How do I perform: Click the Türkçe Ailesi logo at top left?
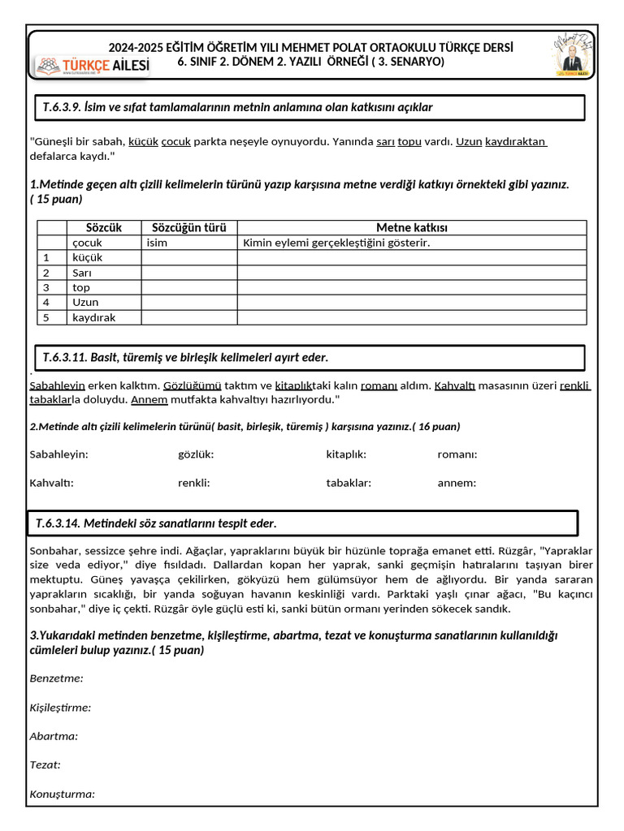click(x=92, y=67)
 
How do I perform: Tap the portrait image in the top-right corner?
click(x=574, y=55)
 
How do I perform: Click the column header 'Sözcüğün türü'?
click(x=189, y=228)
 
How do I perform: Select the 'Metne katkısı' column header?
click(x=411, y=228)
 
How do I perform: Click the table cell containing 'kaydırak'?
click(x=94, y=317)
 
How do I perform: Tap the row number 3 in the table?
click(x=46, y=287)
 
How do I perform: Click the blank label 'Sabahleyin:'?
click(x=58, y=454)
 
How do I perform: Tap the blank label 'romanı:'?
click(x=457, y=454)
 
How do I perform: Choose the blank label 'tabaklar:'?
click(x=349, y=483)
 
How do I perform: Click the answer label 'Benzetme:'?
click(x=56, y=678)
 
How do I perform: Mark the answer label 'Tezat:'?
click(x=45, y=764)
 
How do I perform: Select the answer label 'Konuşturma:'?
click(x=62, y=794)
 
